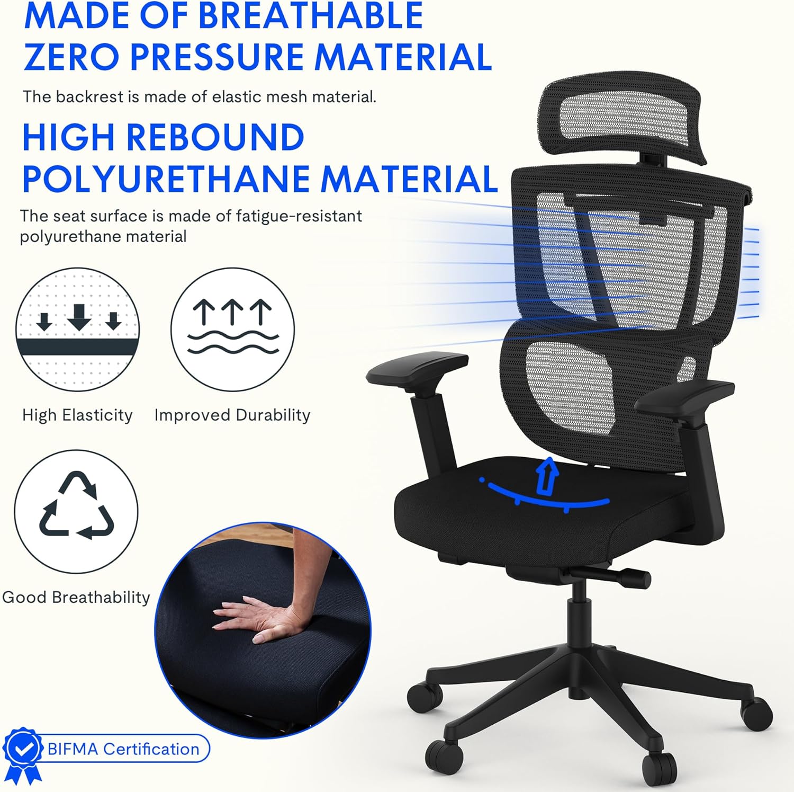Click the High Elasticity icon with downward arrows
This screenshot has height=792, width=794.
coord(77,330)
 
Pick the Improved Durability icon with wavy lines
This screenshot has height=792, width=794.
coord(232,330)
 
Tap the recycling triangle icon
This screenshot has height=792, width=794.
coord(76,505)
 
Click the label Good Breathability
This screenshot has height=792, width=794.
coord(76,598)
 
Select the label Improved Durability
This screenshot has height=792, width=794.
coord(232,415)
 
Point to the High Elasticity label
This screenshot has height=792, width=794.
coord(77,415)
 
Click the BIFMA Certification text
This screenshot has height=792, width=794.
coord(123,749)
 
